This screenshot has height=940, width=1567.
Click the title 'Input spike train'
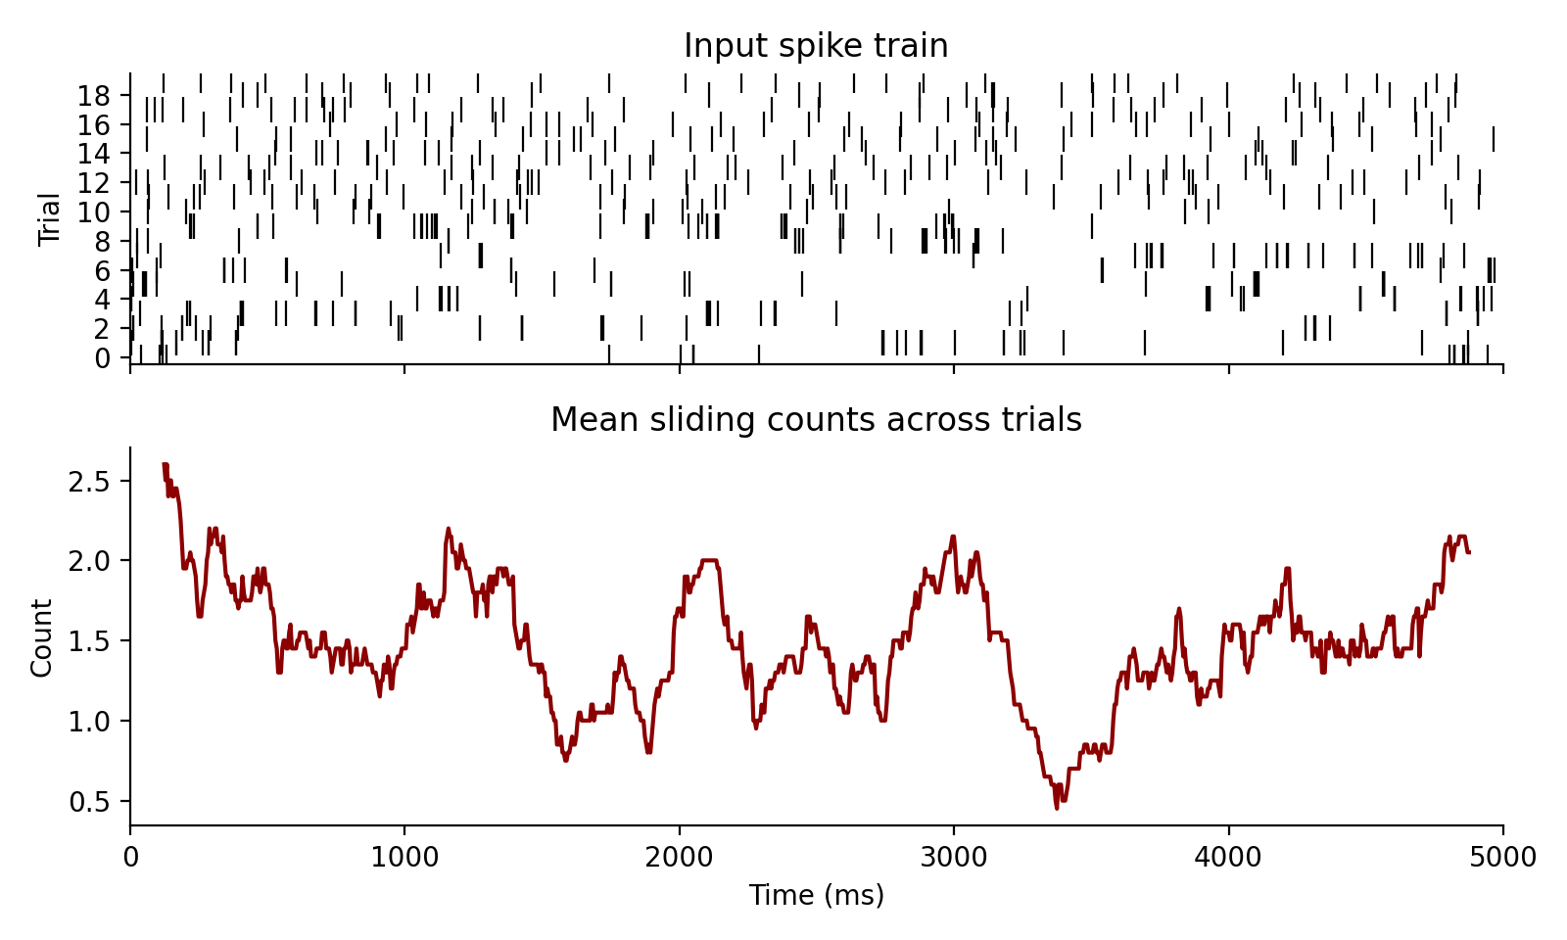(816, 46)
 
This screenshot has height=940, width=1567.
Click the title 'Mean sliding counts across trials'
(816, 420)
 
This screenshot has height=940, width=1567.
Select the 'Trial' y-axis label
(49, 219)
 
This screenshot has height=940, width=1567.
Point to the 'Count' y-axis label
(41, 638)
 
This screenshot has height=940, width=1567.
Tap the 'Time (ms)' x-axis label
(816, 895)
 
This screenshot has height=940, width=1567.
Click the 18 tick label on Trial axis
(95, 96)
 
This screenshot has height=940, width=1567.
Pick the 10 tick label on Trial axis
(95, 211)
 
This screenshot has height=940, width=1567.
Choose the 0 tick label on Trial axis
(103, 358)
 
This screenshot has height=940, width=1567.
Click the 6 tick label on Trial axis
(103, 270)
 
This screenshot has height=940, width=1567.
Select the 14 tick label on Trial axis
(95, 154)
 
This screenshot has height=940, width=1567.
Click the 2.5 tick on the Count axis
(98, 481)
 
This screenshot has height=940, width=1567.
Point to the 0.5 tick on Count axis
(98, 802)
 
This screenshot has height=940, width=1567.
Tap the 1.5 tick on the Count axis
(98, 641)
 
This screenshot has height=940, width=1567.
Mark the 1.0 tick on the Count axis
(98, 722)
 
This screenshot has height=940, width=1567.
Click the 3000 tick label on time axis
(953, 858)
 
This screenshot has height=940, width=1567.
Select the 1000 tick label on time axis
(404, 858)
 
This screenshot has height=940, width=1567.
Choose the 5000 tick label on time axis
(1502, 858)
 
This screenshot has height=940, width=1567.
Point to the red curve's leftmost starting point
(164, 464)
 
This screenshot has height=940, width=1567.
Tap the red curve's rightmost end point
(1469, 553)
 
